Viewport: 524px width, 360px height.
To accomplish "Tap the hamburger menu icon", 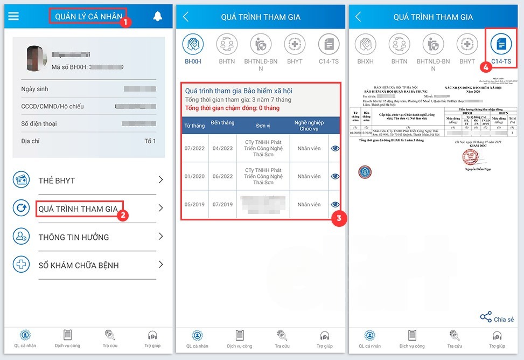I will pos(13,16).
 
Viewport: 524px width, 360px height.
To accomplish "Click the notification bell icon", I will pos(158,17).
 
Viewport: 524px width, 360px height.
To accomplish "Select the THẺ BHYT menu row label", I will pos(57,181).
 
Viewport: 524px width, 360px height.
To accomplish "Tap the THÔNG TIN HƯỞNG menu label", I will pos(74,237).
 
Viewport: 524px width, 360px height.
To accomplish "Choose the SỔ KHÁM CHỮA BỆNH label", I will pos(79,265).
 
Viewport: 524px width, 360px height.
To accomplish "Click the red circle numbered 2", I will pos(123,215).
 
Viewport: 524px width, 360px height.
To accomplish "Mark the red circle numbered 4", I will pos(486,67).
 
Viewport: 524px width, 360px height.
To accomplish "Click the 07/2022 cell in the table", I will pos(194,148).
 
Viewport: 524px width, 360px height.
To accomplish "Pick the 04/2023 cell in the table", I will pos(222,148).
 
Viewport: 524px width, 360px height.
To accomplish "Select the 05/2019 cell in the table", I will pos(194,204).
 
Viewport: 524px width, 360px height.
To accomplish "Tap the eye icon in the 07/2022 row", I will pos(335,148).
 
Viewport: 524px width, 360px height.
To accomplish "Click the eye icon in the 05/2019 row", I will pos(335,204).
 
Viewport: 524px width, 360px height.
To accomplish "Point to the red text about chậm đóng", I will pos(232,108).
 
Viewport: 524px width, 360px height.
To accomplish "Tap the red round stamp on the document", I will pos(470,157).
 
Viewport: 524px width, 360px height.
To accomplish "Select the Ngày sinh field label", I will pos(34,89).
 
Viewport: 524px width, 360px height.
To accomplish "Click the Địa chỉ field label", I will pos(30,141).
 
